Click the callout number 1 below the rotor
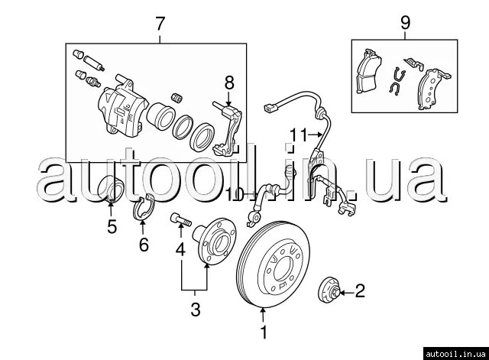pos(264,332)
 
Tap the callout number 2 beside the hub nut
pos(361,290)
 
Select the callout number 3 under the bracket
pos(196,310)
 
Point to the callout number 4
pos(180,249)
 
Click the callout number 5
pos(111,226)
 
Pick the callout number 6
pos(142,245)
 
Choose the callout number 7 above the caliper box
pos(160,24)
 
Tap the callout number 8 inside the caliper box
pos(228,82)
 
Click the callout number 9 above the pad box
pos(404,24)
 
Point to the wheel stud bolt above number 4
pos(179,219)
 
